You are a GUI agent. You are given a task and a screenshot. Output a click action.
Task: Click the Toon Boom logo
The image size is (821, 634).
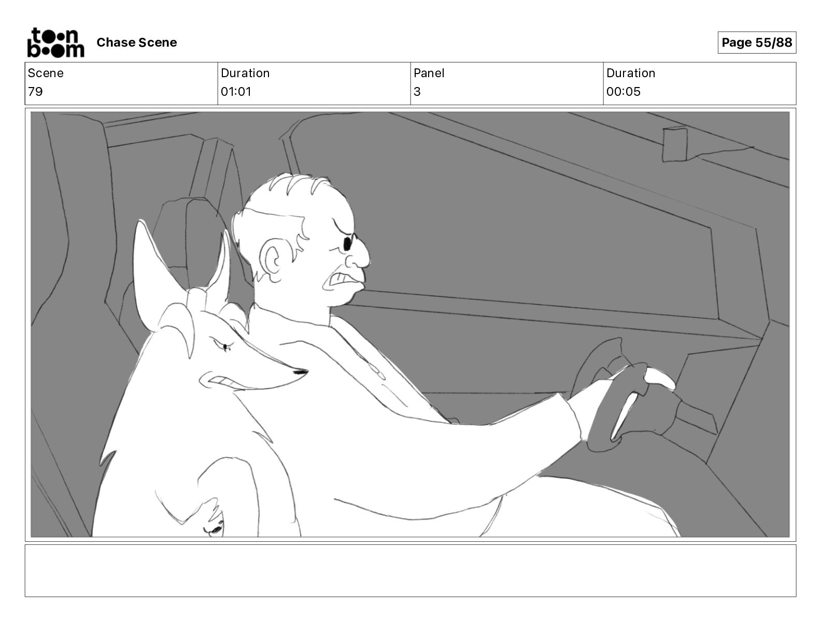pos(56,42)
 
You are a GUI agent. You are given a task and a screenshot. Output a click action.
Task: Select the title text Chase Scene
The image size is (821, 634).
pos(136,42)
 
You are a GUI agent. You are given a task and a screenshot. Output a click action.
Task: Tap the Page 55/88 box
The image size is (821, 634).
pos(757,42)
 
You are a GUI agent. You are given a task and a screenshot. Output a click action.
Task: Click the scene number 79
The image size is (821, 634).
pos(35,91)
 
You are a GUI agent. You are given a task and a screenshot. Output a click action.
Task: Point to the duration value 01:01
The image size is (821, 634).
pos(236,91)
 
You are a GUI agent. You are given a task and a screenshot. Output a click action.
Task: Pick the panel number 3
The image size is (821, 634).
pos(417,91)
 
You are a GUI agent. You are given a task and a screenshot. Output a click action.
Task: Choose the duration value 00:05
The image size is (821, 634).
pos(624,91)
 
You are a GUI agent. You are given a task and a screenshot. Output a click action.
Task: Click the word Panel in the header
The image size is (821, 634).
pos(429,73)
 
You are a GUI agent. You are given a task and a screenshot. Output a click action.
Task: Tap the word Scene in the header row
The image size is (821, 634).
pos(46,73)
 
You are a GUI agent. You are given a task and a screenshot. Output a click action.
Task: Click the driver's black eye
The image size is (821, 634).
pos(347,243)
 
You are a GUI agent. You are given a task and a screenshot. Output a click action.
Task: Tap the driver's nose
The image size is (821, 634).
pos(359,255)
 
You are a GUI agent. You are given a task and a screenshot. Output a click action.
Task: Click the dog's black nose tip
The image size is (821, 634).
pos(301,372)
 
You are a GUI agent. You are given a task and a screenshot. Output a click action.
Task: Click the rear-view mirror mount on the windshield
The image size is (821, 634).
pos(675,145)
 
